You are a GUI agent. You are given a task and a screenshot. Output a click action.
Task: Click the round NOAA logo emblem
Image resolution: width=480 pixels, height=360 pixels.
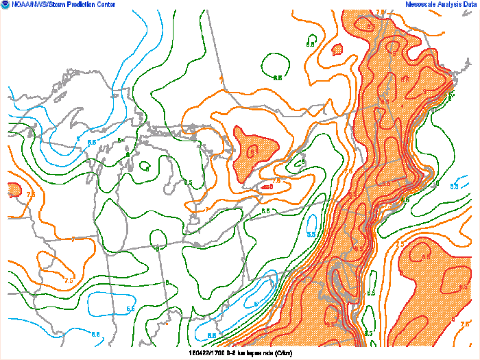5,5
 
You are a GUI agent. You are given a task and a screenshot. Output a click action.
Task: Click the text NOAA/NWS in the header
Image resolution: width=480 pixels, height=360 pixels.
25,5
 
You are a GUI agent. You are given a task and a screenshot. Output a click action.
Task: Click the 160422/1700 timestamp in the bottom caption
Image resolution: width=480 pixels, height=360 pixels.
204,353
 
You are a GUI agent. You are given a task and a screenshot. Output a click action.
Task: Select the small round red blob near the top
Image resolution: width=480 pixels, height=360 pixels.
337,49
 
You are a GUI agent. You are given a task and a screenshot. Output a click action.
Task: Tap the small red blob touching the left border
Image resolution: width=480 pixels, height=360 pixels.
14,189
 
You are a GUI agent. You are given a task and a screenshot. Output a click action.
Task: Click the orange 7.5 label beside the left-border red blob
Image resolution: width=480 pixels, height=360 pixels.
30,195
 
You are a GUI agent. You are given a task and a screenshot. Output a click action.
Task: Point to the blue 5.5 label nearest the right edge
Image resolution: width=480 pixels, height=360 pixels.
454,186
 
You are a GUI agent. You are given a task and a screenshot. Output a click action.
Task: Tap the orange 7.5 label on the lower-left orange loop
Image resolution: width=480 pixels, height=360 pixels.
69,280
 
